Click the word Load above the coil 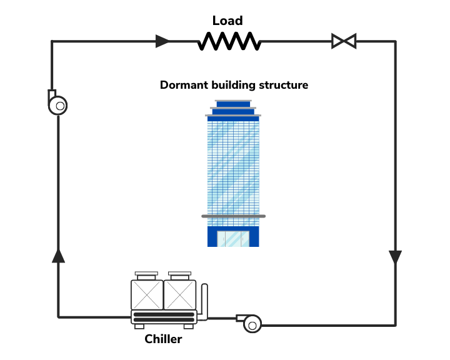click(227, 21)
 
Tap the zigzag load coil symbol click(228, 42)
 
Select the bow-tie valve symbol click(343, 42)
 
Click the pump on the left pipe click(58, 104)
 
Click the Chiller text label click(163, 339)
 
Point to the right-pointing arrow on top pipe click(162, 42)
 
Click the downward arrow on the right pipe click(395, 257)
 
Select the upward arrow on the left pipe click(58, 255)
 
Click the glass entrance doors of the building click(232, 238)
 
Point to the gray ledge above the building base click(233, 216)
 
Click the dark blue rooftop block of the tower click(233, 104)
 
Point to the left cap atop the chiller click(147, 274)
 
